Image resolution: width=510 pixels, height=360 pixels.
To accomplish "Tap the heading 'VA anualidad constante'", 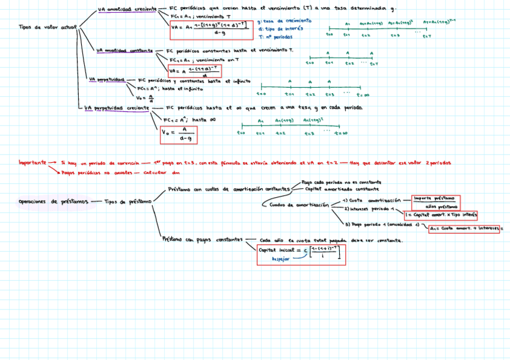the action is click(x=124, y=50).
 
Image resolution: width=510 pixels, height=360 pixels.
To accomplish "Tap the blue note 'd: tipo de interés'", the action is click(x=279, y=28).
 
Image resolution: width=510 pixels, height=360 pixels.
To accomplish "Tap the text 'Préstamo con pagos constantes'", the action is click(x=201, y=238).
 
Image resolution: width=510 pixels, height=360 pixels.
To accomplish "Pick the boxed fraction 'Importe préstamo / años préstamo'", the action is click(x=435, y=202).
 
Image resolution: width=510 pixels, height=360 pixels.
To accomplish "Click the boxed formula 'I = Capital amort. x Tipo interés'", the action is click(x=441, y=214).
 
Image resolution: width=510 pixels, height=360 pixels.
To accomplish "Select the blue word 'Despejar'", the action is click(x=281, y=258).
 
